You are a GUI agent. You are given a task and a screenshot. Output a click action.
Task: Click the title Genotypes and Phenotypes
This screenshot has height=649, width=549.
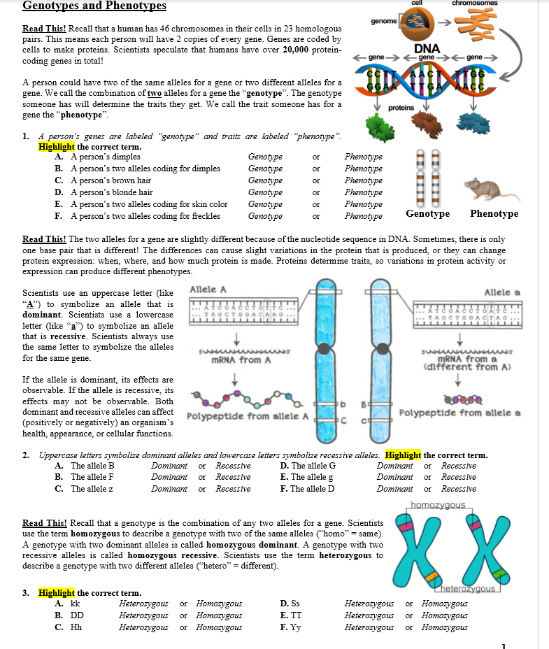click(94, 6)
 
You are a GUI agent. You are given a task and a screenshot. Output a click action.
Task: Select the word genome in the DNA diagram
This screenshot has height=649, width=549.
click(384, 22)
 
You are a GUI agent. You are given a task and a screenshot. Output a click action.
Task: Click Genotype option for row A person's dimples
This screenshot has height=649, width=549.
click(265, 157)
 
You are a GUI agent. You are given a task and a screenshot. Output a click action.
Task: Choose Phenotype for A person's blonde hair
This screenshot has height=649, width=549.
click(363, 192)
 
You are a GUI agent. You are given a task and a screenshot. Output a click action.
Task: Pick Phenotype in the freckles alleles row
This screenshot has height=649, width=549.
click(363, 216)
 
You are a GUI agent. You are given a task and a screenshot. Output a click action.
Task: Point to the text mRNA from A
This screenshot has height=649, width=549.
click(241, 361)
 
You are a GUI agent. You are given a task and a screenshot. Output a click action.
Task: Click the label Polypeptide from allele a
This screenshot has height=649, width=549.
click(459, 413)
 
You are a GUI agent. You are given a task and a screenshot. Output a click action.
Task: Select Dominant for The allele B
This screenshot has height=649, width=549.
click(169, 466)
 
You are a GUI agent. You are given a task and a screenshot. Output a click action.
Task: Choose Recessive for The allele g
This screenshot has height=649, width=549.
click(459, 477)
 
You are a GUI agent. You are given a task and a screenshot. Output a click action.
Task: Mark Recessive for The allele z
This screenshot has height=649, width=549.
click(233, 489)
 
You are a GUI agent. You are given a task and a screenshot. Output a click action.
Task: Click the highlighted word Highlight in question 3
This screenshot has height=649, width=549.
click(56, 593)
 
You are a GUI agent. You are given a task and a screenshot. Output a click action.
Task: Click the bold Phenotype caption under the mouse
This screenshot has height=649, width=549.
click(494, 214)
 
